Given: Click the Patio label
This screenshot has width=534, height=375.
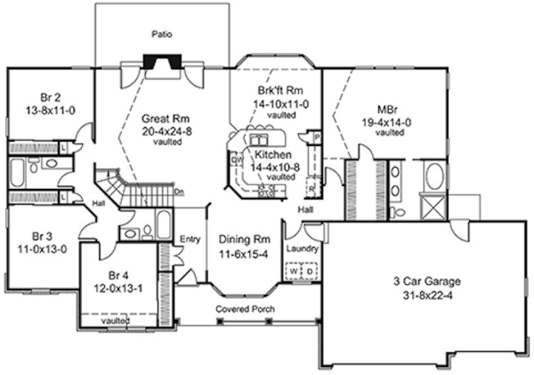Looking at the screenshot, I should pyautogui.click(x=161, y=34).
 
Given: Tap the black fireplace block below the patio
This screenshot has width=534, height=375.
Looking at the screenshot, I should pyautogui.click(x=163, y=62).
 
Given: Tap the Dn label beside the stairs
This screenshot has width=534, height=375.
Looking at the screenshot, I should pyautogui.click(x=180, y=191).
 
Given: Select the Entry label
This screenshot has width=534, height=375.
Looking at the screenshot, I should pyautogui.click(x=190, y=239).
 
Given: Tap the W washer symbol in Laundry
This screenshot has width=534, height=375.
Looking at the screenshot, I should pyautogui.click(x=294, y=271).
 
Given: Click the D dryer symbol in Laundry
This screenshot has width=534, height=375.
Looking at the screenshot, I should pyautogui.click(x=309, y=271).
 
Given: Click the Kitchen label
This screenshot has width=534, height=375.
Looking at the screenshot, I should pyautogui.click(x=273, y=154).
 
